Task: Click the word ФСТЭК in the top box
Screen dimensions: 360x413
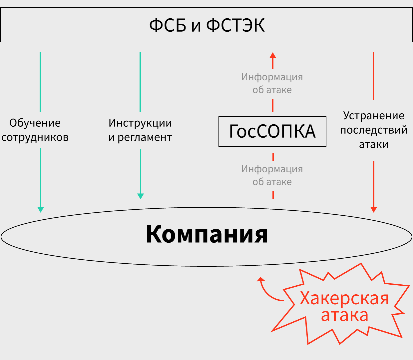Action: coord(235,25)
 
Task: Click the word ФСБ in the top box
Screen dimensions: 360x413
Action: coord(167,25)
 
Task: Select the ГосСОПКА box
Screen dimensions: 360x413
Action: coord(272,131)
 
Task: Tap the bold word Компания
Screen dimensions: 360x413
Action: coord(206,234)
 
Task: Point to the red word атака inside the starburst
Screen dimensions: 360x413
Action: coord(344,315)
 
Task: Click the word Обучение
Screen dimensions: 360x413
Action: coord(35,123)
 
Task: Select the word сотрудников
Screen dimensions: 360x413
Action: coord(35,137)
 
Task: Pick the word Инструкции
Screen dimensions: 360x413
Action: coord(140,123)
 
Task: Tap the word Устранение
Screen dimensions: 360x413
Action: coord(374,116)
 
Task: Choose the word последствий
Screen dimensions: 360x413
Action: coord(374,130)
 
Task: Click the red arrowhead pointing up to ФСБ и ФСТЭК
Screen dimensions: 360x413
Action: coord(273,55)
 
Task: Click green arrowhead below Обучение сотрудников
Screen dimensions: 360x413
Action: coord(41,209)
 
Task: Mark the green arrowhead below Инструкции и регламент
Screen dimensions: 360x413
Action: coord(141,196)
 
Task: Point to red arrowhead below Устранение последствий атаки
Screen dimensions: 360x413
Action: coord(374,209)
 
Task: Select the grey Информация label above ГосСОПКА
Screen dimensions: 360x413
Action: coord(272,77)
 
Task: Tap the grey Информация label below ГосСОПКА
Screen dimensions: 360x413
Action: coord(272,169)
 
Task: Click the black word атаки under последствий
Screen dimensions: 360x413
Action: coord(374,145)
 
